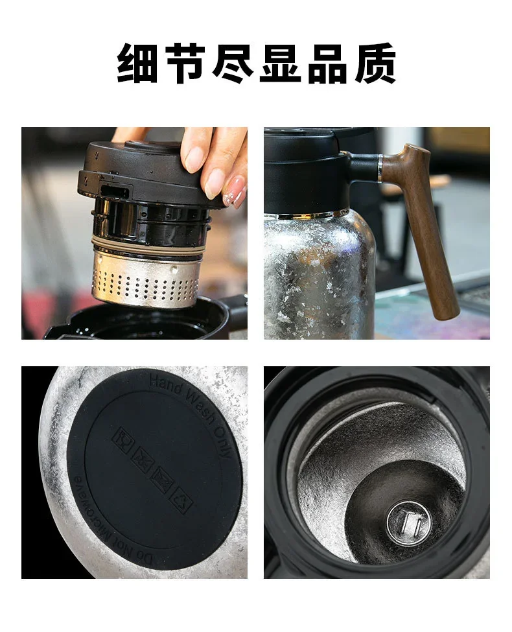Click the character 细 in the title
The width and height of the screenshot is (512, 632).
pos(137,64)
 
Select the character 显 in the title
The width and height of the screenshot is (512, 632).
pos(281,64)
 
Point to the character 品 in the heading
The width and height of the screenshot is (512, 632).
pos(328,64)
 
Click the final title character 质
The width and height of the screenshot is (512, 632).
pos(375,64)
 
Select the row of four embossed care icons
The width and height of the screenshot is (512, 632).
pos(152,470)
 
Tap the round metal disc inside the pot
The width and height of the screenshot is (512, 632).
pos(408,522)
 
